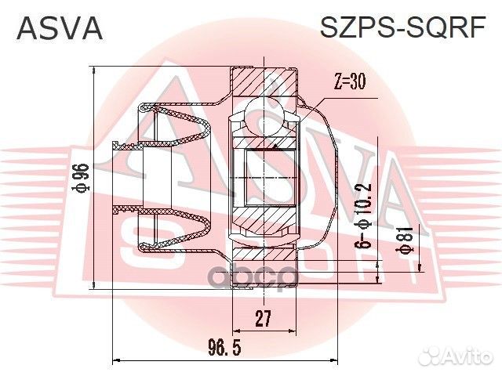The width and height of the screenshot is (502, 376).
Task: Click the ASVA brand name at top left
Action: click(60, 28)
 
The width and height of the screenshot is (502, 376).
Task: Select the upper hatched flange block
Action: click(265, 81)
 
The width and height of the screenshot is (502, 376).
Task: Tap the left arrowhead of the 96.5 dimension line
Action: click(118, 361)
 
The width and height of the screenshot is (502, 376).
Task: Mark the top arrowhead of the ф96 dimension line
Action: click(94, 72)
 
